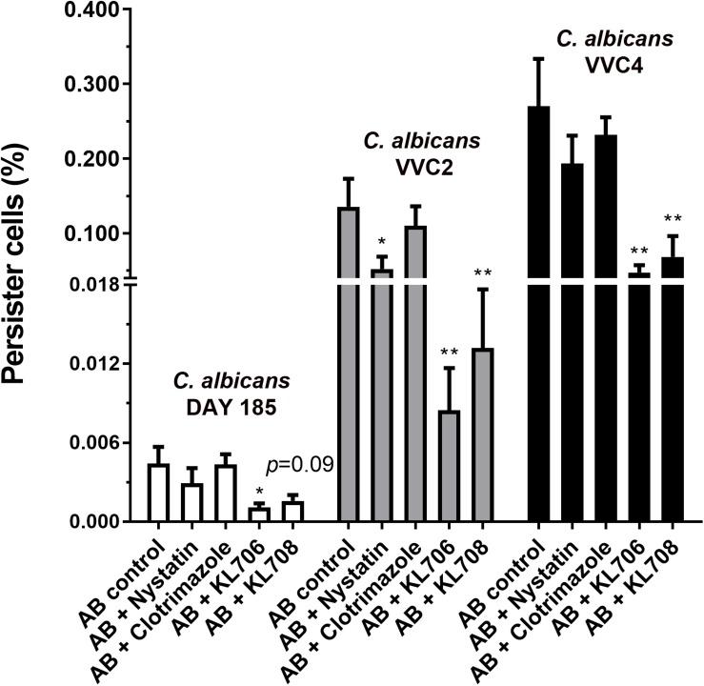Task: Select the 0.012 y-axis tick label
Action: click(x=91, y=364)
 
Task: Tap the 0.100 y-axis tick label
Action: click(x=91, y=233)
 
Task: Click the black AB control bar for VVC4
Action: click(x=538, y=314)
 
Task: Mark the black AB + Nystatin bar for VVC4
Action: click(x=573, y=343)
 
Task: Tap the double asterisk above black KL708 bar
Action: click(x=674, y=219)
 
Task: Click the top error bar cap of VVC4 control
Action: click(x=538, y=58)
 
